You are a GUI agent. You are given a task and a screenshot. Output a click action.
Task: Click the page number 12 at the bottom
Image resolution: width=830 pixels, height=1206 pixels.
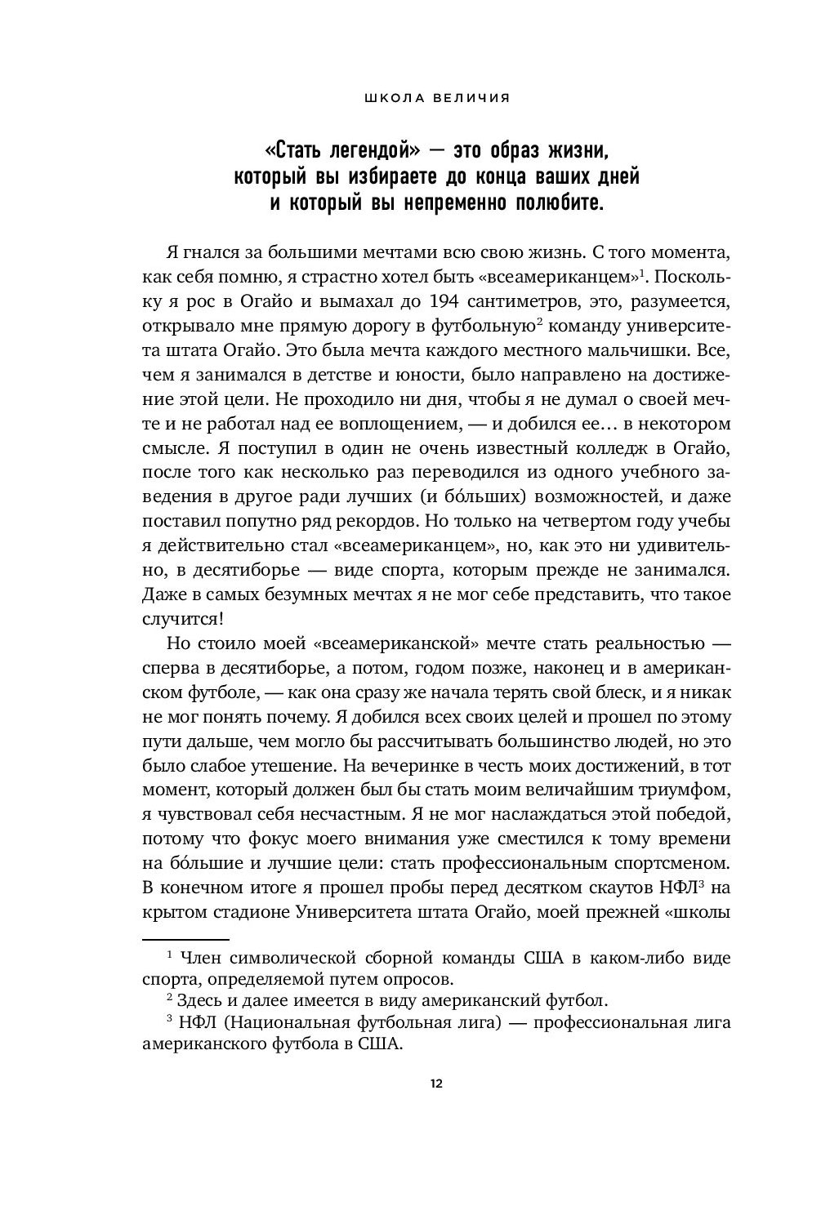(436, 1084)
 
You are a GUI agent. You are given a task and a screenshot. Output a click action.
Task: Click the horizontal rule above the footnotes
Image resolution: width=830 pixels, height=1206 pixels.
(185, 940)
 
